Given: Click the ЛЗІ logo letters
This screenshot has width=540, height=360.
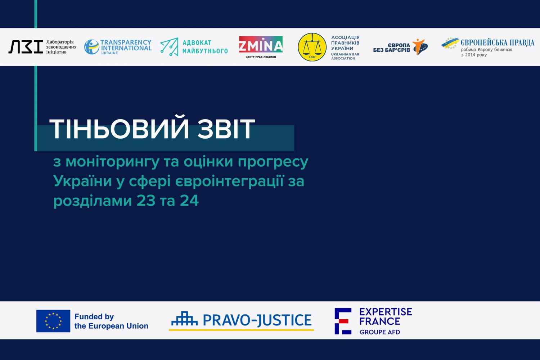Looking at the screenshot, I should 25,47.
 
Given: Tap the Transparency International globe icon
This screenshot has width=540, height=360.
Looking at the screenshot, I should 91,47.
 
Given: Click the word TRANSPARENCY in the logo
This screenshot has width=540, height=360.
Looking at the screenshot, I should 126,42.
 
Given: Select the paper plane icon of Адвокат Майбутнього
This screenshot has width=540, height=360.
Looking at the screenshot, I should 169,47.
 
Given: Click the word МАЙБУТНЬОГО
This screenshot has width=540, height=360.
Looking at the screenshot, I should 205,51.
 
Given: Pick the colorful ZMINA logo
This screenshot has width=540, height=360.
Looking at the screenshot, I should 261,45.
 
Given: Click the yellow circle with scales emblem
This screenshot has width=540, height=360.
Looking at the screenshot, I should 312,47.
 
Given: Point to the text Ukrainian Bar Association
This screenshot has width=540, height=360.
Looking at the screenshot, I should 345,56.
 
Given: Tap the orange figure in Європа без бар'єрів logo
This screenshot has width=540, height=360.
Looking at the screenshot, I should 420,46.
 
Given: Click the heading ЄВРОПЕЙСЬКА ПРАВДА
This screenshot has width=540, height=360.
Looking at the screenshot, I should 497,43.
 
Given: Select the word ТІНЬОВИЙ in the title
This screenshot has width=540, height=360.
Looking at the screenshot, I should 119,129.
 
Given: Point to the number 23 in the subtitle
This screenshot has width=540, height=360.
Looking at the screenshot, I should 146,201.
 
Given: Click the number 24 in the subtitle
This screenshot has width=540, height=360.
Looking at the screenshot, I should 189,201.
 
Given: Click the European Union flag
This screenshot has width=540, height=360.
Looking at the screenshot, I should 53,321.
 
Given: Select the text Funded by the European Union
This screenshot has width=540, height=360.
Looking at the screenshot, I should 111,321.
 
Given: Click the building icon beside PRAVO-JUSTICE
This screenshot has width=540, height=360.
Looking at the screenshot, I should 184,319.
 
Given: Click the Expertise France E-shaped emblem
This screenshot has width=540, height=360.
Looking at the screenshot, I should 342,321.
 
